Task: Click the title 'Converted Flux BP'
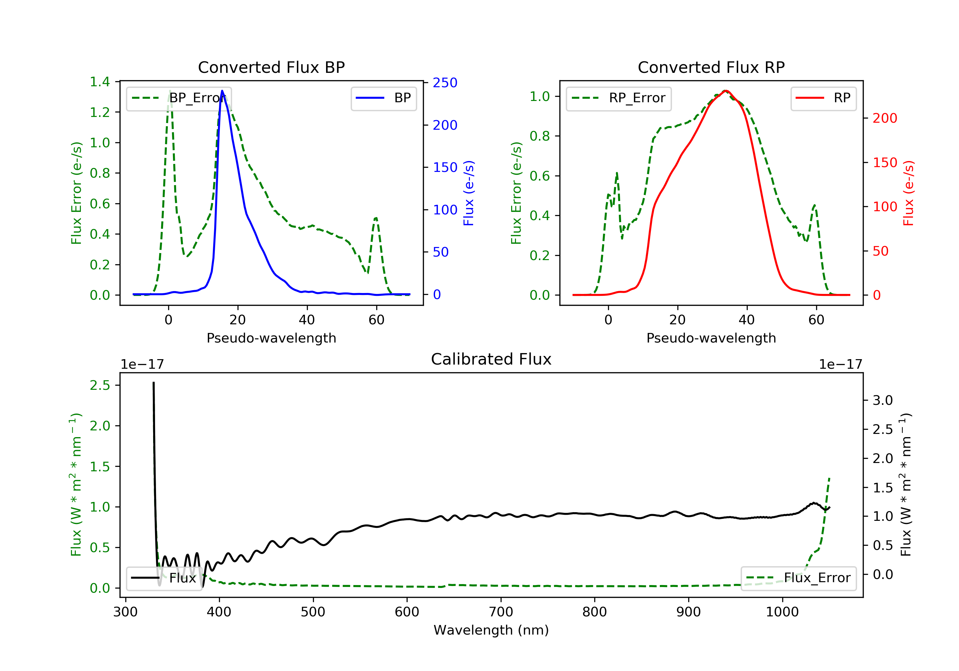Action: (x=271, y=67)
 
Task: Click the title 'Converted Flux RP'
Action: (x=711, y=67)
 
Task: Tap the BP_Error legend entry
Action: (x=179, y=98)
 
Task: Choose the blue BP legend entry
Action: (x=383, y=98)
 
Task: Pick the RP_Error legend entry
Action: (x=619, y=98)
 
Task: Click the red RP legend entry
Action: (x=823, y=98)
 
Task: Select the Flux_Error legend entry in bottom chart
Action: (x=798, y=578)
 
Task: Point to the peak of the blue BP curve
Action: (x=222, y=91)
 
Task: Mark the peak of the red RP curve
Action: (x=726, y=91)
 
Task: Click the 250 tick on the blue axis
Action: (x=445, y=83)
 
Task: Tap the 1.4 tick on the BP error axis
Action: (x=100, y=82)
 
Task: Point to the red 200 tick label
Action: (x=885, y=118)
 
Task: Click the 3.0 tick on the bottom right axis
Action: (x=883, y=400)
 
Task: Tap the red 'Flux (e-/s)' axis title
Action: (x=908, y=193)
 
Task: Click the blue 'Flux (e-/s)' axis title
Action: (x=468, y=193)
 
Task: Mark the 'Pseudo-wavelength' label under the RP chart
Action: (x=711, y=338)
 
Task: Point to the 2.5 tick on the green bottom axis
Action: (x=100, y=385)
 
